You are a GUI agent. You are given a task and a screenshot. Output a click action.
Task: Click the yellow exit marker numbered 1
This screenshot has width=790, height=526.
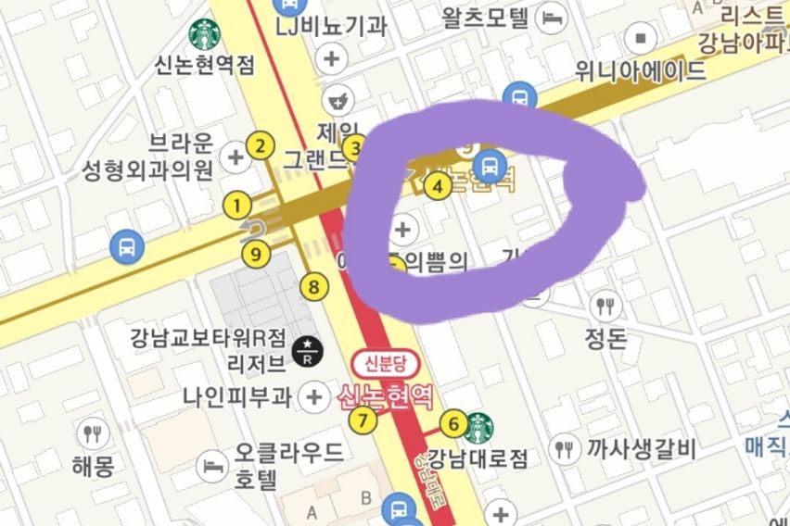[238, 206]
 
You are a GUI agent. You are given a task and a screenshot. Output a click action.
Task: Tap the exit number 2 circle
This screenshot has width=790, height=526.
[261, 145]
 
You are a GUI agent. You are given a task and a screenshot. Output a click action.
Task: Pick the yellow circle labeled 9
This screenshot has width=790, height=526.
[255, 253]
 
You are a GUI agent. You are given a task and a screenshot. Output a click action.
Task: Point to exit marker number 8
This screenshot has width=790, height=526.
[314, 287]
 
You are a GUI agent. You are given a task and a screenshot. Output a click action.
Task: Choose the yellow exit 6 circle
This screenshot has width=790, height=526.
[452, 425]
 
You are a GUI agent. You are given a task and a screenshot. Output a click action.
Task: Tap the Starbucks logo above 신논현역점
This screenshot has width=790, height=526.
[204, 35]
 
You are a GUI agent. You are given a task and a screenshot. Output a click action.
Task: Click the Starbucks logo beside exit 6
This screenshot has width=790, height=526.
[478, 428]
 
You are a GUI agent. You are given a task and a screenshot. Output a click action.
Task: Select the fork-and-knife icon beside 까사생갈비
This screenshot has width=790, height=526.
[565, 450]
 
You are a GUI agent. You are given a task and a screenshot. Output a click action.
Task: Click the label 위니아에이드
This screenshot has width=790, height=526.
[640, 71]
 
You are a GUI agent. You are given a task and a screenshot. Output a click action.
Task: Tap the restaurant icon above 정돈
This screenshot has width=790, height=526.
[606, 305]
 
